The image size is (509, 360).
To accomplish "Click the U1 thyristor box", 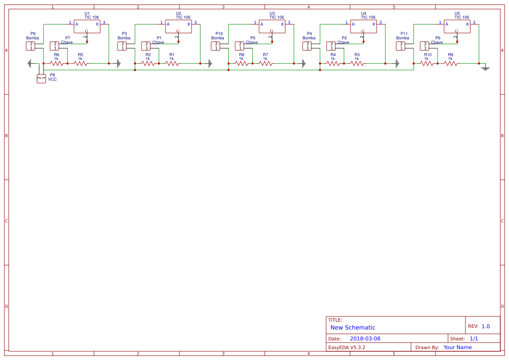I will (x=87, y=27).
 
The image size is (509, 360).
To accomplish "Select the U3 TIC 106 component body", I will (x=272, y=27).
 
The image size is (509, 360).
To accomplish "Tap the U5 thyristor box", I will (x=457, y=27).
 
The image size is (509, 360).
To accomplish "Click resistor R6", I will (x=57, y=64).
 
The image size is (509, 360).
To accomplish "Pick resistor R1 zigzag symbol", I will (x=172, y=64).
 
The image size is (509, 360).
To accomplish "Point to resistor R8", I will (x=242, y=64).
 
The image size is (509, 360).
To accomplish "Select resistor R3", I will (x=357, y=64).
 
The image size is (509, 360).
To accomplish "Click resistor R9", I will (x=451, y=64).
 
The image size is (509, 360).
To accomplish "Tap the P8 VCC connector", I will (x=41, y=79).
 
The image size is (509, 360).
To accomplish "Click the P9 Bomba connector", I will (x=31, y=46).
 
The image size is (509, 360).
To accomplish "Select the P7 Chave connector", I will (x=55, y=46).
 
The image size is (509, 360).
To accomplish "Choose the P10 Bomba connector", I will (x=216, y=46).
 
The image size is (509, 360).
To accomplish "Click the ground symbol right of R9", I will (x=485, y=68).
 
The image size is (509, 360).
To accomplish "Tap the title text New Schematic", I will (x=353, y=327).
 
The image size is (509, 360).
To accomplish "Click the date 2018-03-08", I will (x=365, y=339).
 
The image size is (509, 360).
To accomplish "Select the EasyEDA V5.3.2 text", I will (x=347, y=347).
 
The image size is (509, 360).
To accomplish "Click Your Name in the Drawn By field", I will (x=458, y=347).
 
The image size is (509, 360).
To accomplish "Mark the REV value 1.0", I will (x=485, y=326).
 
